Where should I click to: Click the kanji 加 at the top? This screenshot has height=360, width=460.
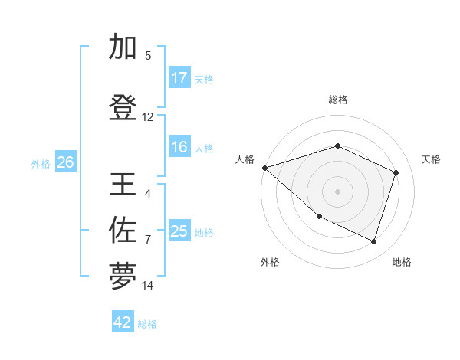[x=123, y=47]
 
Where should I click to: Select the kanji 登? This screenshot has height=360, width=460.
[x=123, y=108]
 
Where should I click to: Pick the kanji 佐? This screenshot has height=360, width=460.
[x=123, y=229]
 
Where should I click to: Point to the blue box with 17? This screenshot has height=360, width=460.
[x=179, y=78]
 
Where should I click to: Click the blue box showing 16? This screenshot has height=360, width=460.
[x=179, y=148]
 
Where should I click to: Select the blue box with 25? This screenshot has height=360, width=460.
[x=179, y=231]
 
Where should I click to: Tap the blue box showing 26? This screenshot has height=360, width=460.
[x=65, y=162]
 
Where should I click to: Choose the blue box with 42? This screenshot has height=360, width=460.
[x=123, y=322]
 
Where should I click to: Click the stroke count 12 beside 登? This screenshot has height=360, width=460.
[x=148, y=117]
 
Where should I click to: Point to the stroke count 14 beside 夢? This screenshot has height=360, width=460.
[x=148, y=286]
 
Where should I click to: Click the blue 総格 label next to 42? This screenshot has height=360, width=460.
[x=147, y=324]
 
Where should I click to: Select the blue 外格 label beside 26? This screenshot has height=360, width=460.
[x=41, y=163]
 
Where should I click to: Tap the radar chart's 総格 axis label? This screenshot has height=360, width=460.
[x=338, y=100]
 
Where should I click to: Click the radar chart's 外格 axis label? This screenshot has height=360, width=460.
[x=270, y=262]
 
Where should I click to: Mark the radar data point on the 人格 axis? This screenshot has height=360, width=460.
[x=264, y=168]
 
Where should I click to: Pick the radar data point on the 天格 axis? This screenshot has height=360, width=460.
[x=396, y=172]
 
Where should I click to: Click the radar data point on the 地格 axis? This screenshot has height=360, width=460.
[x=374, y=242]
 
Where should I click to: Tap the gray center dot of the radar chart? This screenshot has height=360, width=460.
[x=337, y=191]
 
